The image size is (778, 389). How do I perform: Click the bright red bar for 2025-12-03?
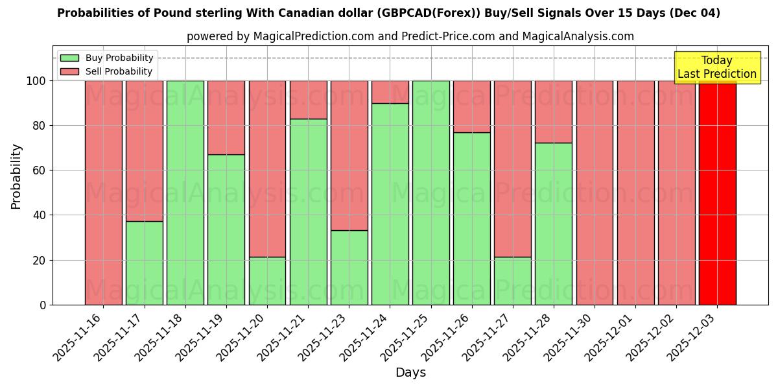click(x=717, y=193)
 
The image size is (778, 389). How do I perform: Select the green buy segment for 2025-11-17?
click(x=144, y=263)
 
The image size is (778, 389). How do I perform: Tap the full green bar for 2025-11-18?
click(x=185, y=193)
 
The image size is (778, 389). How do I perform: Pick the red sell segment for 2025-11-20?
click(x=267, y=169)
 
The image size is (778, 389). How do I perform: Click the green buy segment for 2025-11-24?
click(x=390, y=204)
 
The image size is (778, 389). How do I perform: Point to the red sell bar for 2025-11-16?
click(x=103, y=193)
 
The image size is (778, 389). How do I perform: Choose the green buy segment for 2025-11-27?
click(x=512, y=281)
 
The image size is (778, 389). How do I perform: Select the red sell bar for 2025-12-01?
click(x=635, y=193)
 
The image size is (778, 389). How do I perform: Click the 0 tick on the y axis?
click(x=43, y=305)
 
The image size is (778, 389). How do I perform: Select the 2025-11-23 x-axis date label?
click(x=324, y=341)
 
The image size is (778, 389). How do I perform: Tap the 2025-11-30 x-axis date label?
click(x=569, y=341)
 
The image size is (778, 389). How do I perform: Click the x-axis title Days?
click(x=410, y=373)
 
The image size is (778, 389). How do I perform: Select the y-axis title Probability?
click(x=16, y=176)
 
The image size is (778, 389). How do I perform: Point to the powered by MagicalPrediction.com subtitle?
click(x=410, y=36)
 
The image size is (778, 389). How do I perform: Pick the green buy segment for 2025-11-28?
click(x=553, y=224)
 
